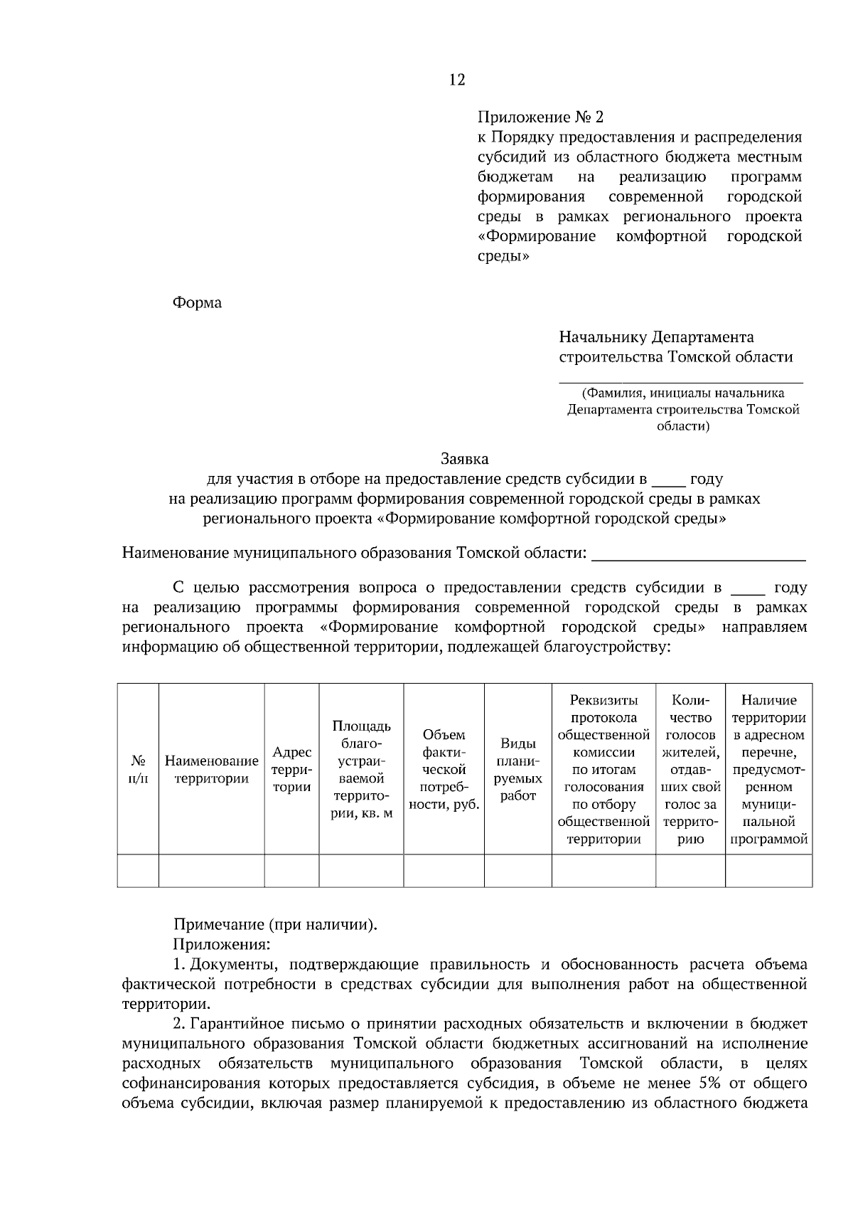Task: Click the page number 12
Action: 457,80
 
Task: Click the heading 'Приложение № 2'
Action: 540,117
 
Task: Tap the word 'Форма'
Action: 197,303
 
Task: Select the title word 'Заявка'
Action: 464,459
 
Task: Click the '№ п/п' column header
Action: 138,769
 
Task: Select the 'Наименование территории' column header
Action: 211,769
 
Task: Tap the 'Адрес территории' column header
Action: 291,769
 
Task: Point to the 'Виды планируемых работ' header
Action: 517,769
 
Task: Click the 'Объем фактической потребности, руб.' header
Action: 444,769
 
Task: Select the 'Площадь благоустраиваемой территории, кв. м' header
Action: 361,769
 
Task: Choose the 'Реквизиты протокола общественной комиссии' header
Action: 603,769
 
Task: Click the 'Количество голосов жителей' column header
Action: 690,769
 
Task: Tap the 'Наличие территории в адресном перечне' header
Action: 768,769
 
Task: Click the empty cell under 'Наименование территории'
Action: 211,871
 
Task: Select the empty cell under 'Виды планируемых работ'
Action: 517,871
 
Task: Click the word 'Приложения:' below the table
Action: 221,945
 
